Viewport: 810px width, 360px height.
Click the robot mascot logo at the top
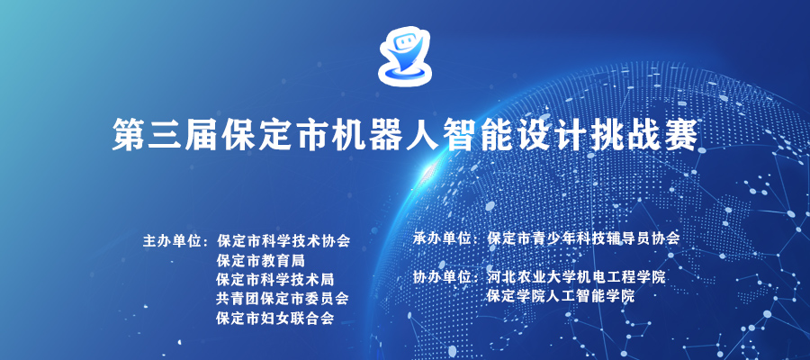404,56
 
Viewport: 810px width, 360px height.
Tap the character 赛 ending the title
682,134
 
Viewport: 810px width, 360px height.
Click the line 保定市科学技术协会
283,241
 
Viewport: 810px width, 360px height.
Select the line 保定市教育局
261,260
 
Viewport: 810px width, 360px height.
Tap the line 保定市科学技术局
275,280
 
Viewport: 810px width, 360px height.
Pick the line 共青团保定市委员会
283,299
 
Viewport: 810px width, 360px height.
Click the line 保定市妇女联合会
275,319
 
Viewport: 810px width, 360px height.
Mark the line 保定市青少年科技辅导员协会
583,238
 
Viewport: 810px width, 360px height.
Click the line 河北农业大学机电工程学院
576,277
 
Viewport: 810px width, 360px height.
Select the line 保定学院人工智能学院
561,296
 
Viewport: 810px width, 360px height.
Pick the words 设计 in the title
553,134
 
